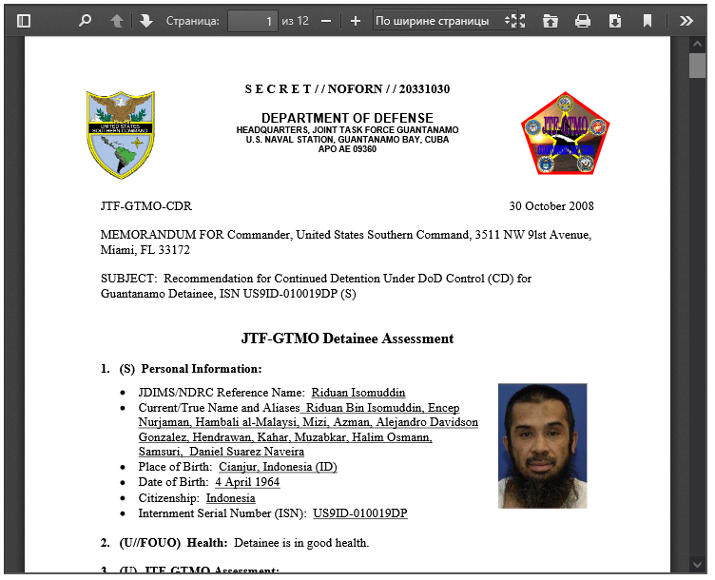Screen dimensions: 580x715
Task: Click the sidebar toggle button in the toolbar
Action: pos(24,20)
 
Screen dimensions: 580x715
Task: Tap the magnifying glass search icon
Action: pos(85,20)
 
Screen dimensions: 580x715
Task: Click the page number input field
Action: pos(252,20)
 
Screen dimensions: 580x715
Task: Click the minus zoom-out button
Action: pos(326,20)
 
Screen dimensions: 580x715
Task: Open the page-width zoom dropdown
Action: pos(438,20)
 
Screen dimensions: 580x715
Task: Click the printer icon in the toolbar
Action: pos(583,20)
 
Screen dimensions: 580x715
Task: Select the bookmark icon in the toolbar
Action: pos(647,20)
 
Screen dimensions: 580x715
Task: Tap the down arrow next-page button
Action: pos(145,20)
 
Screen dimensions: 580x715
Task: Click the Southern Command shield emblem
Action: pos(121,134)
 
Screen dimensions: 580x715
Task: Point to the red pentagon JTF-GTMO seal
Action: pos(565,134)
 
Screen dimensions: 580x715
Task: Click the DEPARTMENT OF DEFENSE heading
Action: pos(347,118)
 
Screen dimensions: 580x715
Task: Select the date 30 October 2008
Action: pos(551,206)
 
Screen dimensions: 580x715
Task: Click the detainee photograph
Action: pos(542,445)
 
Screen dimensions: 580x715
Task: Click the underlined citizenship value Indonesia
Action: pos(230,498)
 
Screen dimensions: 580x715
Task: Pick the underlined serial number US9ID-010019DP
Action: pos(360,513)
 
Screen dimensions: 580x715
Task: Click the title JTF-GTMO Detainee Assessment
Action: pos(347,338)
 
